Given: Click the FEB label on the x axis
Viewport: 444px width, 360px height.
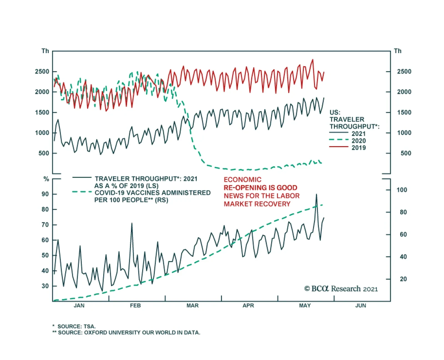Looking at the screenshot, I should tap(135, 306).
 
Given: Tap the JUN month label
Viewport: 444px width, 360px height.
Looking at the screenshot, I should tap(360, 306).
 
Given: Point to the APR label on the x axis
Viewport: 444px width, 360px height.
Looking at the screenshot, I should tap(248, 306).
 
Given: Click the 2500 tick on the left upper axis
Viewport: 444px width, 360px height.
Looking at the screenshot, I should tap(42, 72).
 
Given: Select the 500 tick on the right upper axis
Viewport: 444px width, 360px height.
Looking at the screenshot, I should tap(405, 153).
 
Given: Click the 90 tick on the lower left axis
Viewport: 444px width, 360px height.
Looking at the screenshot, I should tap(45, 194).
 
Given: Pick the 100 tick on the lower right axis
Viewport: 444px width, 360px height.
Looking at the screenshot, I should tap(402, 190).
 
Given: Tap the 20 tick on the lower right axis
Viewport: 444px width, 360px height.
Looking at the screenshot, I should tap(403, 279).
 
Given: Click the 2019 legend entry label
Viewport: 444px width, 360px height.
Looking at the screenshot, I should tap(359, 148).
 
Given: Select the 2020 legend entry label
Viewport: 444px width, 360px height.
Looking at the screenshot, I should tap(359, 141).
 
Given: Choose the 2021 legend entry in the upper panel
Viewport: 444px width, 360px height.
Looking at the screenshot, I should tap(359, 134).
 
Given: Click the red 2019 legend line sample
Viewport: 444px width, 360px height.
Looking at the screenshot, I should tap(339, 147).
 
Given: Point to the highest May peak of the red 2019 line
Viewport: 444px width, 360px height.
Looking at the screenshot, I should tap(313, 60).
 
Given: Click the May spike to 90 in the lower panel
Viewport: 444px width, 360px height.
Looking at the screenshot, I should tap(316, 194).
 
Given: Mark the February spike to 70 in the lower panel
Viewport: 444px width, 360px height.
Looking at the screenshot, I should tap(132, 223).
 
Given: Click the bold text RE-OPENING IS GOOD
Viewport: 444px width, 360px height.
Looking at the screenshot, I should tap(260, 188).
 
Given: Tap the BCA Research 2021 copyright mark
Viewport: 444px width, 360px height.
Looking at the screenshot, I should tap(341, 289).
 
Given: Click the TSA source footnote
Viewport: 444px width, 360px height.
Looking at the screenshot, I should tap(74, 326).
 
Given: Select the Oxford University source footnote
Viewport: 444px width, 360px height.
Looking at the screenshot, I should tap(127, 332).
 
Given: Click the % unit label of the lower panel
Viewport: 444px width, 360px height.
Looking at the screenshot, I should tap(46, 179).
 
